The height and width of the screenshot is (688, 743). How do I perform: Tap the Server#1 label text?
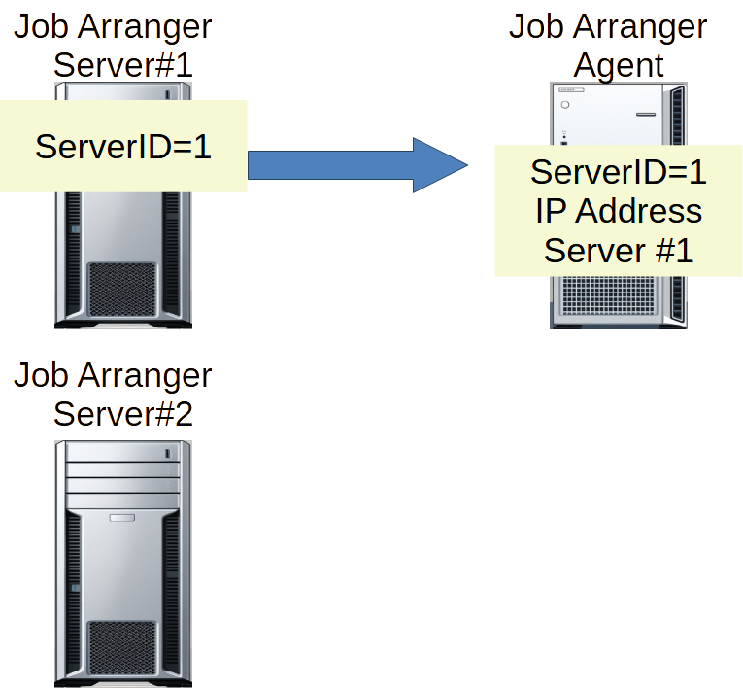pyautogui.click(x=123, y=65)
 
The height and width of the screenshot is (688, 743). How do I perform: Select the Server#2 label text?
pyautogui.click(x=123, y=413)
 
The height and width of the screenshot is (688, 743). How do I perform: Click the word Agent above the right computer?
pyautogui.click(x=619, y=65)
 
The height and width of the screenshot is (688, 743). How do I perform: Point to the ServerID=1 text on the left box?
pyautogui.click(x=123, y=147)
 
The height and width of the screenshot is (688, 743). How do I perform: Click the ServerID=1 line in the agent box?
pyautogui.click(x=619, y=172)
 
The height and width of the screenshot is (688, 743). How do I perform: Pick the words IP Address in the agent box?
pyautogui.click(x=619, y=211)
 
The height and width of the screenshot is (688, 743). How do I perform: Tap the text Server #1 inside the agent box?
pyautogui.click(x=619, y=250)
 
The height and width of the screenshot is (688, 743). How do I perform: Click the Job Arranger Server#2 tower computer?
pyautogui.click(x=122, y=564)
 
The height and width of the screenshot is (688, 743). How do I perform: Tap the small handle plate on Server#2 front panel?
pyautogui.click(x=122, y=518)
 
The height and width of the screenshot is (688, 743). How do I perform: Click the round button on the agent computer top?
pyautogui.click(x=565, y=104)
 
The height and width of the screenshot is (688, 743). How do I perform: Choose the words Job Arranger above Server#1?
pyautogui.click(x=113, y=26)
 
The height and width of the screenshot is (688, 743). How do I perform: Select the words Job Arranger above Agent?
pyautogui.click(x=608, y=26)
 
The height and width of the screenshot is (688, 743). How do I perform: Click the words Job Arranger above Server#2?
pyautogui.click(x=113, y=374)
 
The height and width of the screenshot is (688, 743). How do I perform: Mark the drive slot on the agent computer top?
pyautogui.click(x=648, y=114)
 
